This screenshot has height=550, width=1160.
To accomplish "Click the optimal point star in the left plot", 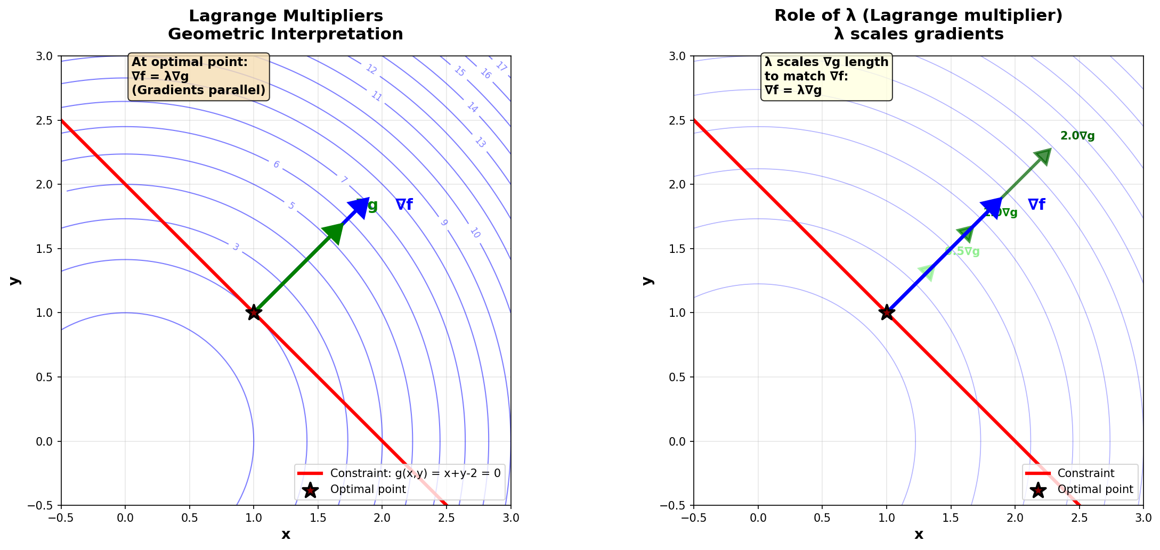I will click(x=254, y=313).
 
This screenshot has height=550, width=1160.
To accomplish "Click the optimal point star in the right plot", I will click(x=887, y=313).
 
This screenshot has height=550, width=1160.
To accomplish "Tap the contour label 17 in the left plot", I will click(x=501, y=67).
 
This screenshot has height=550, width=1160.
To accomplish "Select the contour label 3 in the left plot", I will click(x=236, y=247).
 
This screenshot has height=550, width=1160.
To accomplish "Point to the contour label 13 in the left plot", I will click(x=480, y=142).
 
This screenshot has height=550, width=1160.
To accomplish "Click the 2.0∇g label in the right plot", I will click(x=1077, y=136).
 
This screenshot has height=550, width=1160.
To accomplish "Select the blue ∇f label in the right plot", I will click(x=1036, y=205).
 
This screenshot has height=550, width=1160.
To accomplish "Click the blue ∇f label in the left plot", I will click(x=404, y=205).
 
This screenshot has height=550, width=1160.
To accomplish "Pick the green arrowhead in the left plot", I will click(x=334, y=233).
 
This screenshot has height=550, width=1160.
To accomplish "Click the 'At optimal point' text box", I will click(x=198, y=76).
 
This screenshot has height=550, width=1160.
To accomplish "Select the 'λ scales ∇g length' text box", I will click(x=826, y=76).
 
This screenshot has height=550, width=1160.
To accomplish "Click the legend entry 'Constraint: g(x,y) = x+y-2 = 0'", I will click(x=415, y=473).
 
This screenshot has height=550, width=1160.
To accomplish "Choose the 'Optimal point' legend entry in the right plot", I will click(x=1095, y=489).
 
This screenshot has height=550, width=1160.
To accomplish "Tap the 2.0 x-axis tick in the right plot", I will click(x=1015, y=518).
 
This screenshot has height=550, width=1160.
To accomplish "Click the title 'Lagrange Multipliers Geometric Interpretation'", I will click(x=286, y=25).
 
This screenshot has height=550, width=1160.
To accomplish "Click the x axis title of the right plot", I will click(x=919, y=535).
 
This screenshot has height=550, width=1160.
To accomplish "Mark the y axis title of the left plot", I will click(x=15, y=281).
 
